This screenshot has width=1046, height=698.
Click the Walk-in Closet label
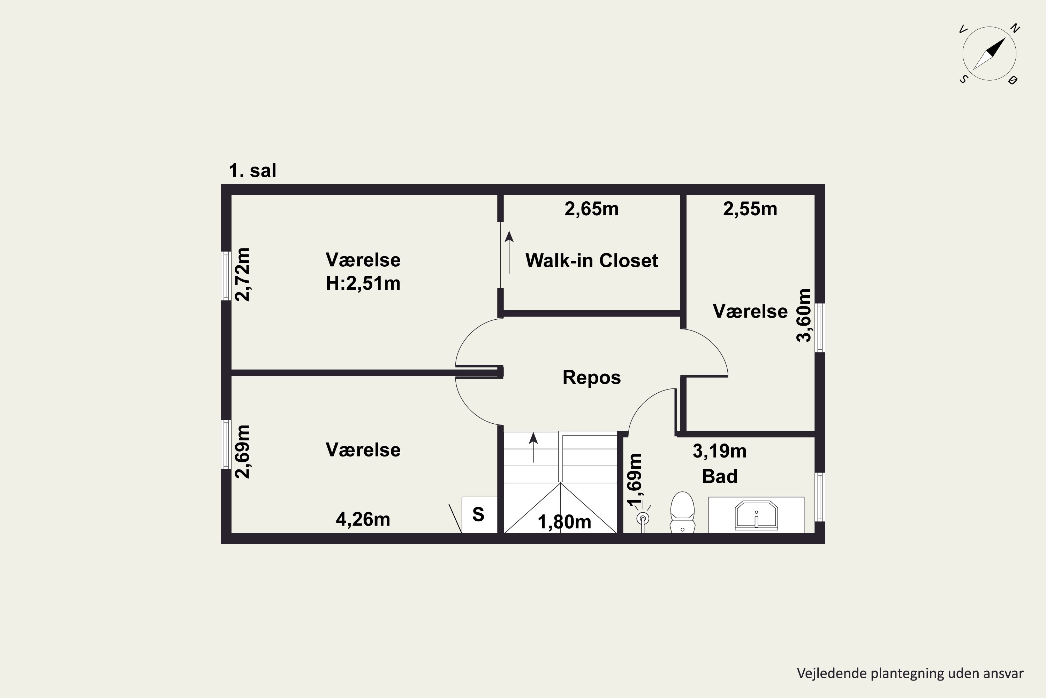591,261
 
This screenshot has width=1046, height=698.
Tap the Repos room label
591,378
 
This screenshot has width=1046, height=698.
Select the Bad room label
720,476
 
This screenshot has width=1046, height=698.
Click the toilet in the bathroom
682,512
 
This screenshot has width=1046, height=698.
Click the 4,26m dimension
363,520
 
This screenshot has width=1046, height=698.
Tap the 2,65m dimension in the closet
591,209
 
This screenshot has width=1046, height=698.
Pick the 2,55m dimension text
750,209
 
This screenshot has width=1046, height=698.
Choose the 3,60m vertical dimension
804,315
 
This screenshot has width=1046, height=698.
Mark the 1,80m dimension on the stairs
564,522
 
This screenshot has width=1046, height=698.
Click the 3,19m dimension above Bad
720,451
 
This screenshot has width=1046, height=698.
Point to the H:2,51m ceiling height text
363,283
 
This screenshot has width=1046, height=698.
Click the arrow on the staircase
533,447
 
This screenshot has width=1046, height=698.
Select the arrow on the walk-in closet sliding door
509,252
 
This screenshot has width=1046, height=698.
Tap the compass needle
989,54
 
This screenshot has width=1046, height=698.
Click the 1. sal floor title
252,171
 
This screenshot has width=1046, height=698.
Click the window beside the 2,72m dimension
226,276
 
